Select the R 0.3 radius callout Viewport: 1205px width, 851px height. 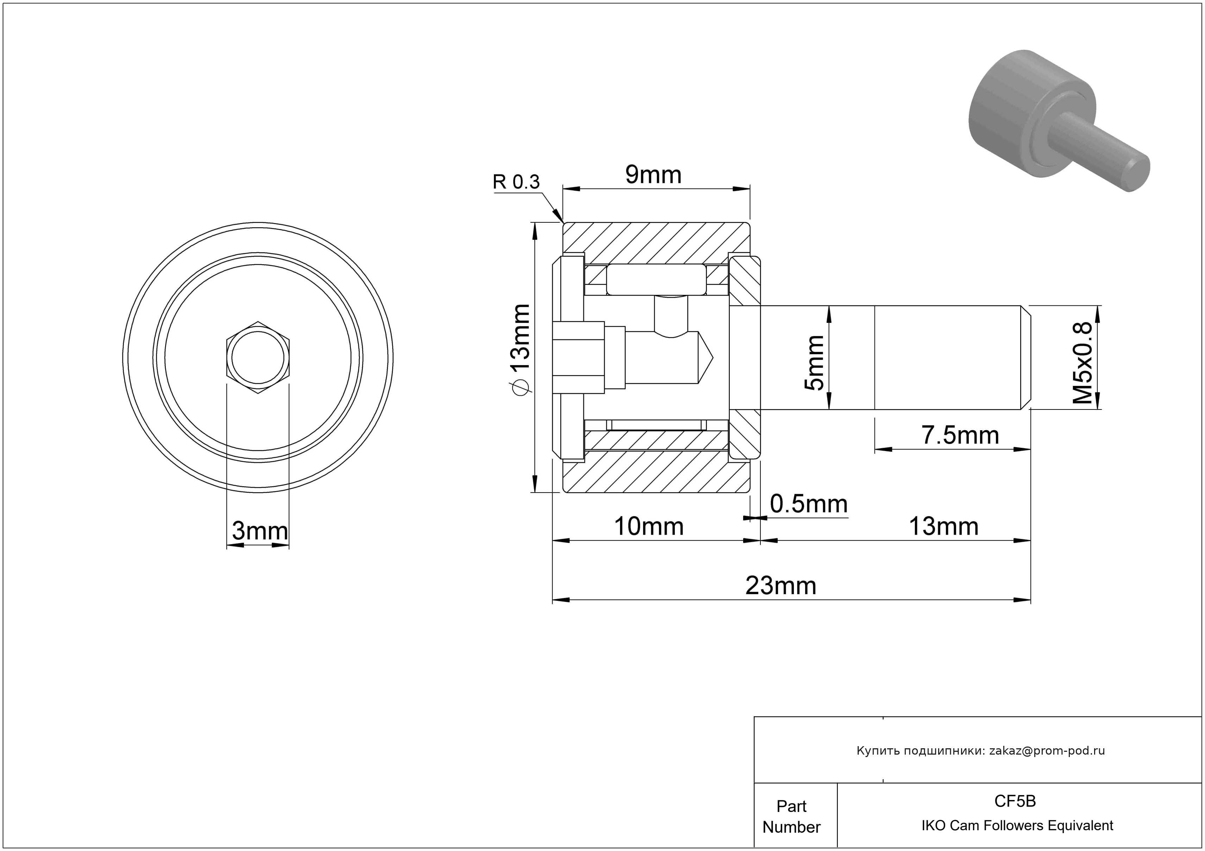[516, 182]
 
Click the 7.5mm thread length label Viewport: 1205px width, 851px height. [960, 435]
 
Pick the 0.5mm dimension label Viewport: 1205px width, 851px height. [809, 504]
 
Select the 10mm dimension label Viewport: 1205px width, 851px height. [649, 526]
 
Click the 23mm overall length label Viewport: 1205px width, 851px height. [781, 586]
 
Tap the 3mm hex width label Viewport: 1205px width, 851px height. [260, 531]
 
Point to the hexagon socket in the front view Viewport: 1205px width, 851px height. [258, 357]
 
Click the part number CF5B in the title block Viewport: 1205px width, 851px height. [1015, 801]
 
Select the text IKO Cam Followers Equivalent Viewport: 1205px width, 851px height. [1017, 825]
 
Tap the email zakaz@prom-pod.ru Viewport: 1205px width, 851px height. [1047, 751]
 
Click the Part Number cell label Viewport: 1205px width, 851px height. [791, 817]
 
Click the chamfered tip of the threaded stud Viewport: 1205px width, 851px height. [1025, 357]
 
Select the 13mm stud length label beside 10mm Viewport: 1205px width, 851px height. [943, 526]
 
